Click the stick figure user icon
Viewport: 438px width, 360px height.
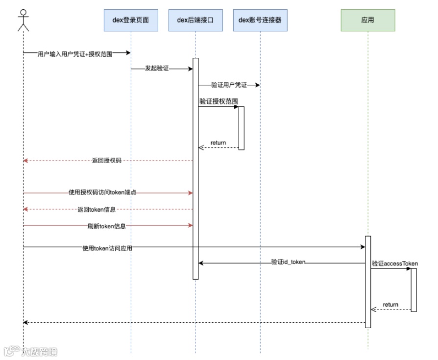pyautogui.click(x=23, y=20)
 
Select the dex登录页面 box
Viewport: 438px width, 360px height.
pyautogui.click(x=131, y=21)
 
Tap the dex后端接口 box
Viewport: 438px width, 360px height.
pyautogui.click(x=195, y=21)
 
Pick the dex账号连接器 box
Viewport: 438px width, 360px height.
pyautogui.click(x=260, y=21)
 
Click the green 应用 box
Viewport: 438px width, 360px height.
pyautogui.click(x=368, y=21)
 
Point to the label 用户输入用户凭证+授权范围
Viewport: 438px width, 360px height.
pyautogui.click(x=75, y=54)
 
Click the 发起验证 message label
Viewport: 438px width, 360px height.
pyautogui.click(x=157, y=69)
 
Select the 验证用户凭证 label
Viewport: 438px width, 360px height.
pyautogui.click(x=229, y=85)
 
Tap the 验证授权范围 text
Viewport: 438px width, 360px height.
pyautogui.click(x=219, y=101)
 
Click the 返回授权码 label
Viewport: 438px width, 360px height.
pyautogui.click(x=106, y=161)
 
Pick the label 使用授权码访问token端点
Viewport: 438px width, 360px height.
pyautogui.click(x=102, y=193)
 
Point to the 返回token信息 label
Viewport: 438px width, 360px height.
pyautogui.click(x=97, y=210)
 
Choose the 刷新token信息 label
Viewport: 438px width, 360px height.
pyautogui.click(x=106, y=226)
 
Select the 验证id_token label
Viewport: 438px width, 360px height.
pyautogui.click(x=288, y=263)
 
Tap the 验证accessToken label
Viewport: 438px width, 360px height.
pyautogui.click(x=394, y=264)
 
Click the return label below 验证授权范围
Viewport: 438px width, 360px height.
pyautogui.click(x=218, y=143)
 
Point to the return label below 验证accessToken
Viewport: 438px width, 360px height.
pyautogui.click(x=390, y=305)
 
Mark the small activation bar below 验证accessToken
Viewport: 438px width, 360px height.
pyautogui.click(x=414, y=289)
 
